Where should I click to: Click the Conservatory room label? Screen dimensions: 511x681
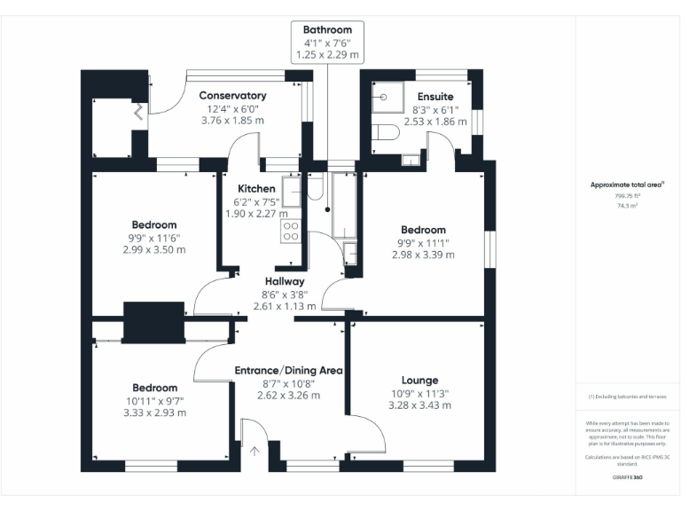coord(232,96)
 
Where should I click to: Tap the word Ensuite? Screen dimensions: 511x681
coord(435,96)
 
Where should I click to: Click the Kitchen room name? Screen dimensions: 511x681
coord(256,189)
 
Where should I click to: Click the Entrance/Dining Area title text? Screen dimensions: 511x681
coord(288,370)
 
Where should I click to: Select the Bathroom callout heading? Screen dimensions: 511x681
coord(327,30)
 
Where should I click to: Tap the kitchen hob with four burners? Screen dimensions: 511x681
coord(291,231)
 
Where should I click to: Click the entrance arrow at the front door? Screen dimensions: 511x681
coord(254,450)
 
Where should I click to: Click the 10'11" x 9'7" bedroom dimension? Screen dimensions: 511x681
coord(155,400)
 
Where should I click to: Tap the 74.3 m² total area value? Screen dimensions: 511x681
coord(627,205)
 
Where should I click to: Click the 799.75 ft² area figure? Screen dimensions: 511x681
coord(627,194)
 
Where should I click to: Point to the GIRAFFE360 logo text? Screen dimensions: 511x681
coord(627,477)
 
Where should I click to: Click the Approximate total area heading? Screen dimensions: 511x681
coord(627,185)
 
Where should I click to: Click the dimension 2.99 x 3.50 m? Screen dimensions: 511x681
coord(155,249)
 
